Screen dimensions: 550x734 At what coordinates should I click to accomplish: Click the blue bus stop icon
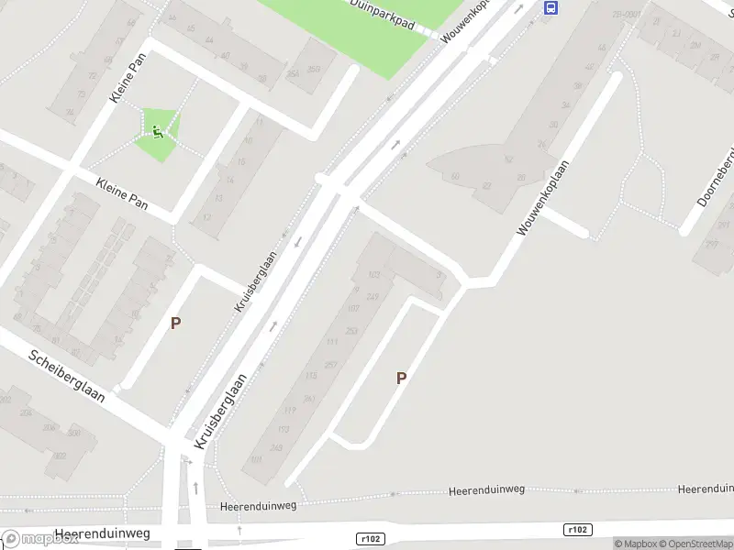(x=550, y=7)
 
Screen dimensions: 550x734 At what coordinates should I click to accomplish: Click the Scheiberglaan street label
(x=66, y=376)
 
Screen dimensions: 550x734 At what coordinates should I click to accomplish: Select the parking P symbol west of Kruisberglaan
(x=175, y=323)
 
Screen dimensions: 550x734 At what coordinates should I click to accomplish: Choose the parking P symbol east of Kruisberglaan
(x=401, y=378)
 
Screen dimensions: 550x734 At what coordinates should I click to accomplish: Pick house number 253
(x=350, y=330)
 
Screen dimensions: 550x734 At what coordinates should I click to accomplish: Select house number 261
(x=309, y=398)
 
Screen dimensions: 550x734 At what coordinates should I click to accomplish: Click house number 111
(x=332, y=342)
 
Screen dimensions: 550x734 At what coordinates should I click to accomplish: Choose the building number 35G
(x=314, y=69)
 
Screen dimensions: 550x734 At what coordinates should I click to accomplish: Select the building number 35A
(x=293, y=75)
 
